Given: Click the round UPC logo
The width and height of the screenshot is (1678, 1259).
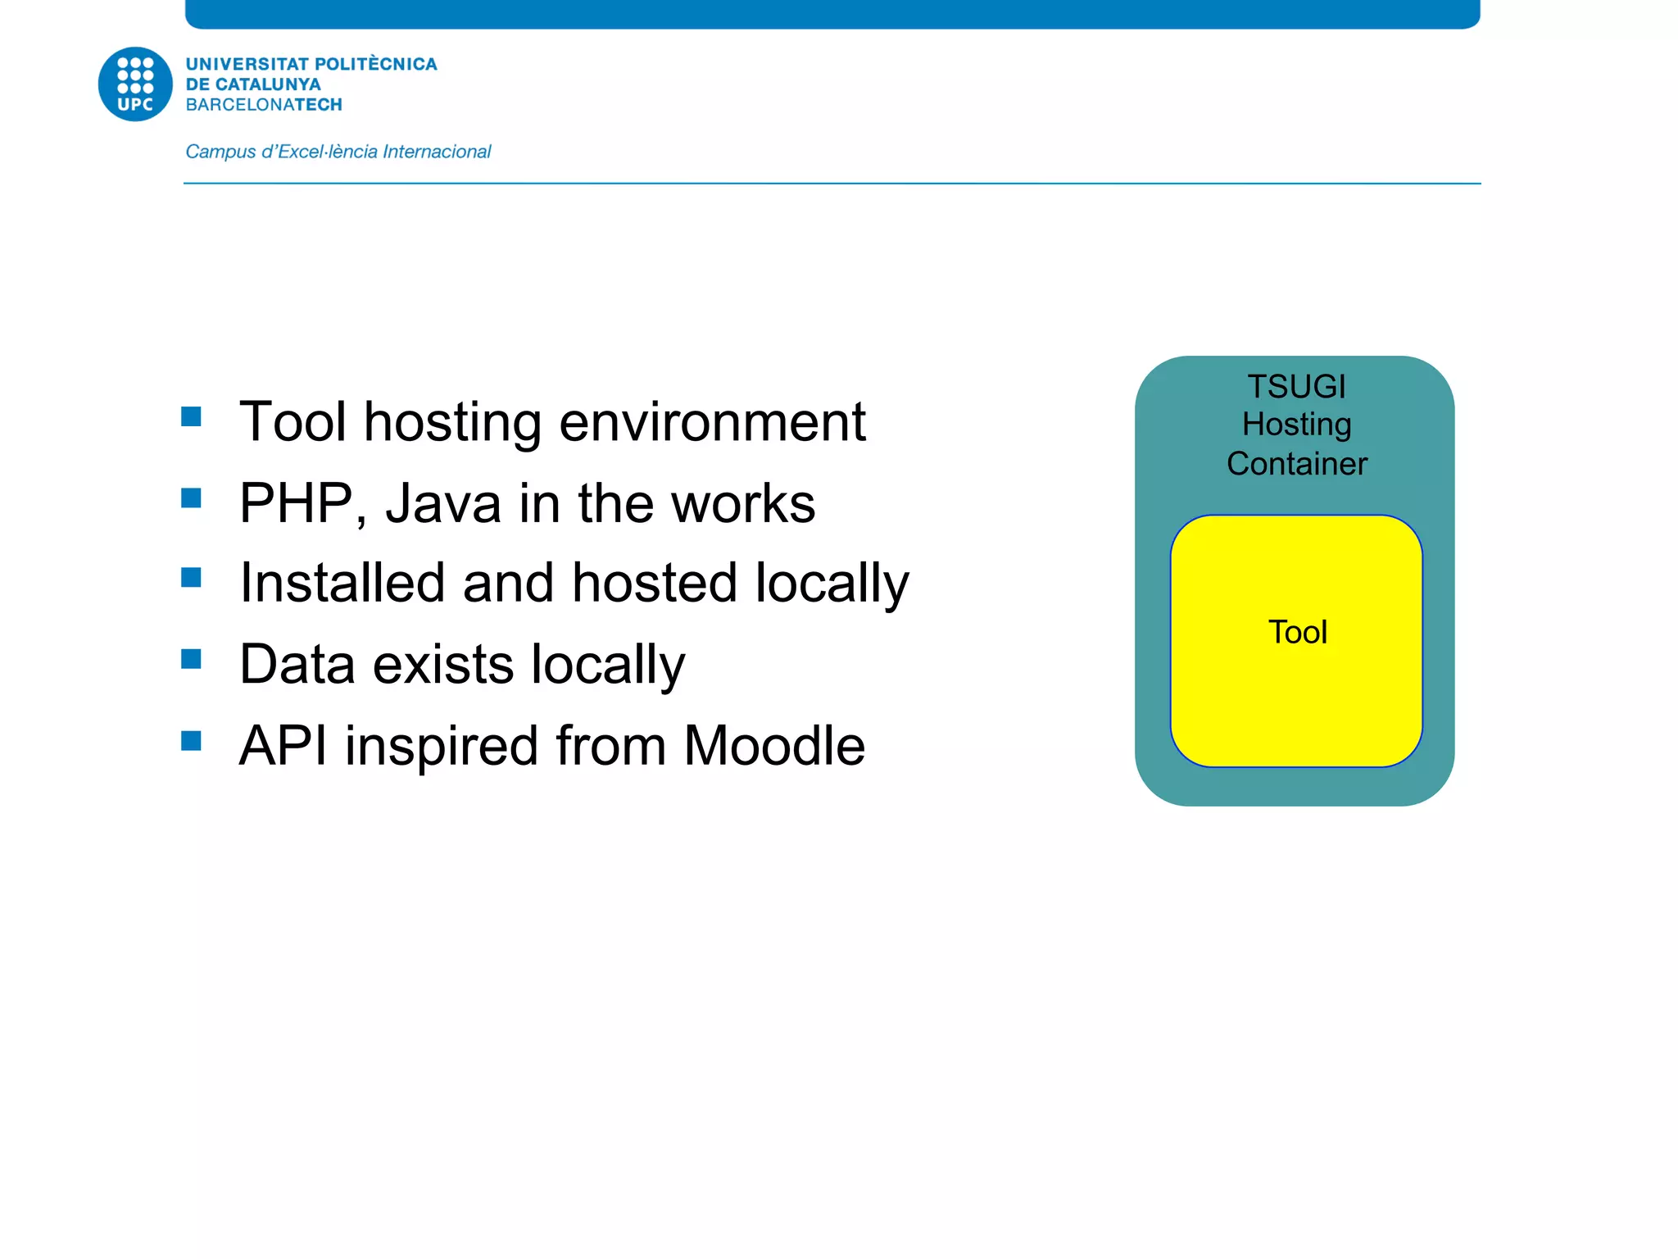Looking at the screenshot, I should [135, 84].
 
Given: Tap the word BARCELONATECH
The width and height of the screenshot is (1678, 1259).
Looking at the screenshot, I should [264, 105].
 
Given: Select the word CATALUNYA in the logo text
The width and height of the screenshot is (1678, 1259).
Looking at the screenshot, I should [267, 84].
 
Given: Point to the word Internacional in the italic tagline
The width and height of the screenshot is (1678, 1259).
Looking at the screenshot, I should [437, 152].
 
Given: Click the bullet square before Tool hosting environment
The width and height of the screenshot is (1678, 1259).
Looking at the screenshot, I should [192, 416].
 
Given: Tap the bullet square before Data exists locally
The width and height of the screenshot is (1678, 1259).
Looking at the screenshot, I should [192, 659].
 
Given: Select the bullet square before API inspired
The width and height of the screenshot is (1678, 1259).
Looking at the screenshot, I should [192, 741].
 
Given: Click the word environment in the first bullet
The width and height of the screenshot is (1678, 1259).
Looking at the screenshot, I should [712, 422].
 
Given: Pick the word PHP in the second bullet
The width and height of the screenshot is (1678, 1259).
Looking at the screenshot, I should [297, 502].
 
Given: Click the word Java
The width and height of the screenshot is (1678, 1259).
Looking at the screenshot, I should [443, 502].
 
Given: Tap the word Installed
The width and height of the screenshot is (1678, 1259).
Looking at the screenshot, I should [342, 583].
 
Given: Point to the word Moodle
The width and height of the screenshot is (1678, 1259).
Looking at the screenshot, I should [773, 746].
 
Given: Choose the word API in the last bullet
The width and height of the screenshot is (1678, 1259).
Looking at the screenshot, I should [283, 746].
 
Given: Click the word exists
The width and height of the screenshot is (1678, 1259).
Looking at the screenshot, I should [443, 664].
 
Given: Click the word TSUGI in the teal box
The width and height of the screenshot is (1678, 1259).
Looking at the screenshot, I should [1296, 386].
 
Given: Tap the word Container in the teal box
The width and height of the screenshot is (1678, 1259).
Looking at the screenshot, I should [1296, 464].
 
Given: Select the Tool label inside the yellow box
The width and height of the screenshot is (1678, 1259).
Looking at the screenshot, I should [1297, 632].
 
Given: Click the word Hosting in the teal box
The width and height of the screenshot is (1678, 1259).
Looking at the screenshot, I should [1296, 425].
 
